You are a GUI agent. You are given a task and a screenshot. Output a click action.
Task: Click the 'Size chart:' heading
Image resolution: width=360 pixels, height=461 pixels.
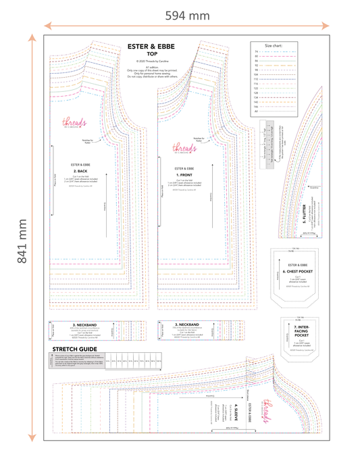273,46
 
